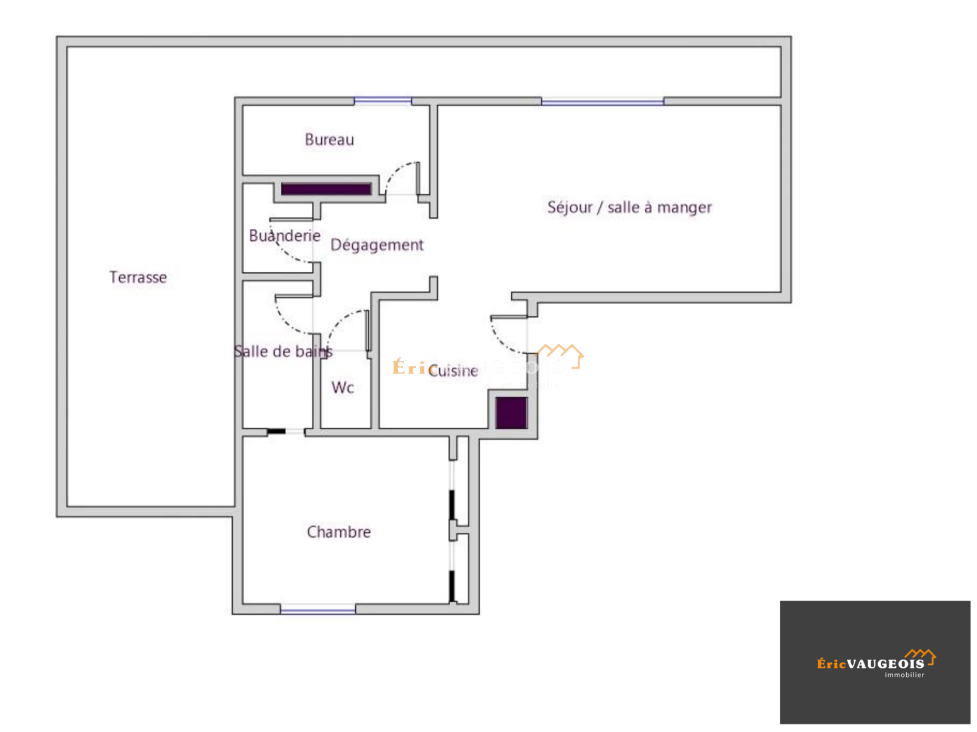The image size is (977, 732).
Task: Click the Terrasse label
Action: coord(138,277)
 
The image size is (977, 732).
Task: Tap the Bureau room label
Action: coord(329,140)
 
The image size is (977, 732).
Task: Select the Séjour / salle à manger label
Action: coord(630,208)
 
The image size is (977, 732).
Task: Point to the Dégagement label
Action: coord(377,245)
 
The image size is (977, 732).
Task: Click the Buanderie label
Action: coord(285,236)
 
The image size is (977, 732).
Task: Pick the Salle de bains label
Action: coord(283,352)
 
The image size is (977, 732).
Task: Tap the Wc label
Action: coord(343,388)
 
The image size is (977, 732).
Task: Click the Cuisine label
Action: coord(453,371)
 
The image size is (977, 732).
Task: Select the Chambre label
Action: coord(339,532)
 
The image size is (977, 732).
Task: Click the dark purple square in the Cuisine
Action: coord(511,412)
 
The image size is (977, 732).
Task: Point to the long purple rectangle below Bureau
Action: coord(326,189)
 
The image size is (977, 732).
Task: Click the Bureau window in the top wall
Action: coord(383,101)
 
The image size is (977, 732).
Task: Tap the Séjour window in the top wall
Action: coord(602,101)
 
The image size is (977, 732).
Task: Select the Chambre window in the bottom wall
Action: coord(318,609)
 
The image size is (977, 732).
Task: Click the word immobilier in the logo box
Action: coord(904,675)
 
